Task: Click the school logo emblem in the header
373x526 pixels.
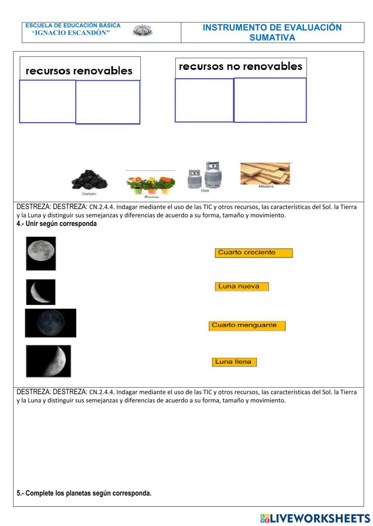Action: point(142,31)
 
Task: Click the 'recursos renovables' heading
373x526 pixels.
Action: point(79,71)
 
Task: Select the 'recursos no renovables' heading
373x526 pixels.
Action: point(241,67)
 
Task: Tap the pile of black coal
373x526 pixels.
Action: point(89,180)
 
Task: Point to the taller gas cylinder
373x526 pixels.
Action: point(213,175)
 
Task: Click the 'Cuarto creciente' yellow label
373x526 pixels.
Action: point(254,253)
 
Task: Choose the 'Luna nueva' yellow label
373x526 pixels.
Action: point(242,287)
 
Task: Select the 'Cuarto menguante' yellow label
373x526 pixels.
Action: point(247,326)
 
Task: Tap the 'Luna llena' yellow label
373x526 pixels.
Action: point(234,362)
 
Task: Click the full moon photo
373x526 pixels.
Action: point(41,253)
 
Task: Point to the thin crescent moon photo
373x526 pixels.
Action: point(41,292)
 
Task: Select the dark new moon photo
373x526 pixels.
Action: point(51,323)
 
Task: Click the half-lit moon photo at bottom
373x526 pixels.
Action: point(48,361)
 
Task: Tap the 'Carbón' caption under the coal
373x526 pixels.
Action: point(89,194)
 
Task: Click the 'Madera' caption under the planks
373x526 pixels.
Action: point(266,187)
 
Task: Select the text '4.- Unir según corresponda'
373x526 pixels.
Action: point(57,224)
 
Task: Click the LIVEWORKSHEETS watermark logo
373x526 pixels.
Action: point(315,518)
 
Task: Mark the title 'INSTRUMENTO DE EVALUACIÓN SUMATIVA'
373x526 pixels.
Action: point(272,32)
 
